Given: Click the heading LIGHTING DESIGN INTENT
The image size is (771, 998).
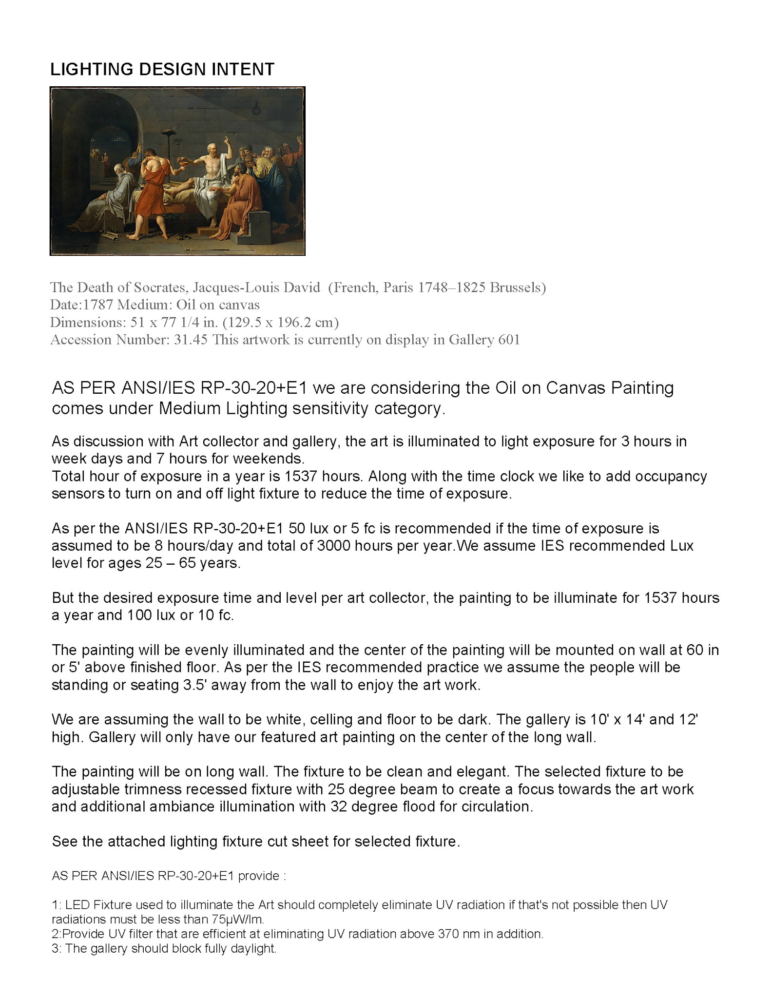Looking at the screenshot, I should [162, 69].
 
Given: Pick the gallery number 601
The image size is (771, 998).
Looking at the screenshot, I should [509, 340].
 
